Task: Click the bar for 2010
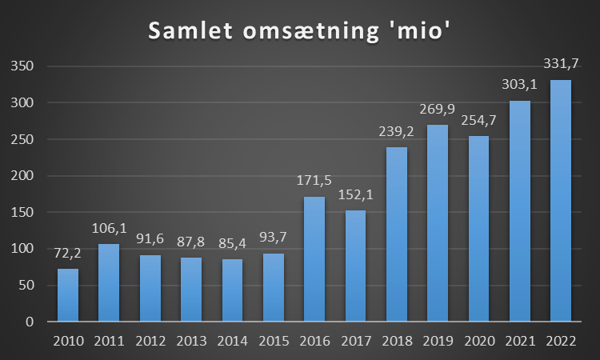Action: click(x=68, y=294)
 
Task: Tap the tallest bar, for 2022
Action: click(x=561, y=200)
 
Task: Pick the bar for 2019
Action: click(x=438, y=223)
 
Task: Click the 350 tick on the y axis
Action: click(x=22, y=66)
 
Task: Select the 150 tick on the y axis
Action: click(x=22, y=212)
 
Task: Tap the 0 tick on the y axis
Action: click(x=30, y=322)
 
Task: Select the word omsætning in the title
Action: click(x=316, y=31)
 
